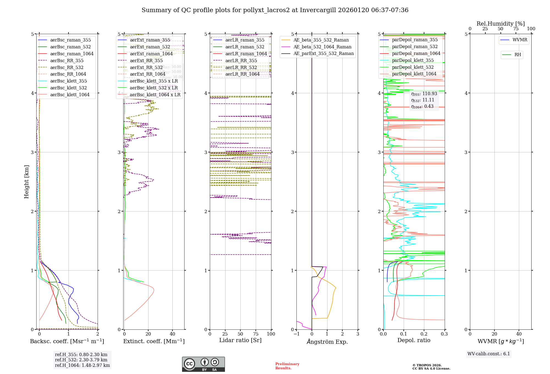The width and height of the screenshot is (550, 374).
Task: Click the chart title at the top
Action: pyautogui.click(x=275, y=10)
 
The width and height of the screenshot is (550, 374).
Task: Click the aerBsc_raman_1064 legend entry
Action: pyautogui.click(x=71, y=54)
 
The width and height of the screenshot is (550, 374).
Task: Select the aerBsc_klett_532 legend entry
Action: pyautogui.click(x=68, y=88)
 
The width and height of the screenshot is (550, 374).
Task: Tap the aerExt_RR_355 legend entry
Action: pyautogui.click(x=146, y=61)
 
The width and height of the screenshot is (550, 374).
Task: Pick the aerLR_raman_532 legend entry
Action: pyautogui.click(x=244, y=47)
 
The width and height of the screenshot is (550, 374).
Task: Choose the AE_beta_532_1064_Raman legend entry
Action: pyautogui.click(x=322, y=47)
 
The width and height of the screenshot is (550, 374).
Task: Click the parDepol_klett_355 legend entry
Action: pyautogui.click(x=413, y=60)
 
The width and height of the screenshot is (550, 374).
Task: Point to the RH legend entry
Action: pyautogui.click(x=518, y=55)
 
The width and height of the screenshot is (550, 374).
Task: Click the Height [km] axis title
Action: pyautogui.click(x=26, y=182)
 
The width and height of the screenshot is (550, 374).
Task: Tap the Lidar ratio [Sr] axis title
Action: pyautogui.click(x=240, y=340)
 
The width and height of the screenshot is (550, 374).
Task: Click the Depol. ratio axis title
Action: pyautogui.click(x=414, y=340)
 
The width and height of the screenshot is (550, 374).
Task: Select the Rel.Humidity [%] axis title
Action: pyautogui.click(x=501, y=24)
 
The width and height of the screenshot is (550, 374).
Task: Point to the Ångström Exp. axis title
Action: pyautogui.click(x=327, y=342)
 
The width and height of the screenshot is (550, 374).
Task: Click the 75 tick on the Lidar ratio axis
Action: pyautogui.click(x=256, y=334)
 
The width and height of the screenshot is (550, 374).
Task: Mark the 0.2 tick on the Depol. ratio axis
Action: pyautogui.click(x=424, y=334)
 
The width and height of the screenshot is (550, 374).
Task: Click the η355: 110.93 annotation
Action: pyautogui.click(x=424, y=94)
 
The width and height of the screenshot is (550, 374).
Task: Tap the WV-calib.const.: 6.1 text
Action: pyautogui.click(x=489, y=354)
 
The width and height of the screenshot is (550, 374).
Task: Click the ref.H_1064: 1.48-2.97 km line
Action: pyautogui.click(x=82, y=365)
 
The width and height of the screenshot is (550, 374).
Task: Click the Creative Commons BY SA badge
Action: pyautogui.click(x=203, y=364)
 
